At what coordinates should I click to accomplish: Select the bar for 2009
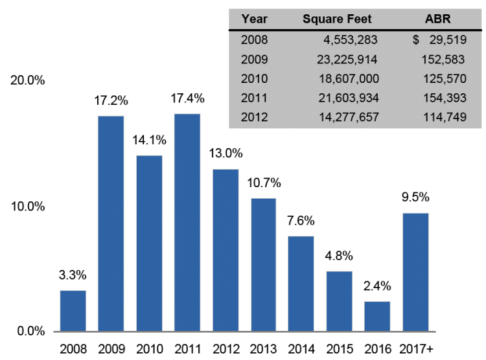111,223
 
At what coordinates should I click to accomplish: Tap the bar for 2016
376,316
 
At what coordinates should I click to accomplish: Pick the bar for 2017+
415,272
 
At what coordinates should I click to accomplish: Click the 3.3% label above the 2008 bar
73,275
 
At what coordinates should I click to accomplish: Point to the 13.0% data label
226,153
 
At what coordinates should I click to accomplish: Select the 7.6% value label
301,221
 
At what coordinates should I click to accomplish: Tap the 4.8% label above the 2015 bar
339,256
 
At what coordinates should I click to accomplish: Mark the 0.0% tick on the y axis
29,332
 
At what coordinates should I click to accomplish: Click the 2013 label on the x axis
263,348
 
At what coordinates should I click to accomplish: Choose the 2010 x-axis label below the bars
149,348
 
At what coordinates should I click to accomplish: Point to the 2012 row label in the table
254,118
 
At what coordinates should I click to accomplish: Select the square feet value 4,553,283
350,39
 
